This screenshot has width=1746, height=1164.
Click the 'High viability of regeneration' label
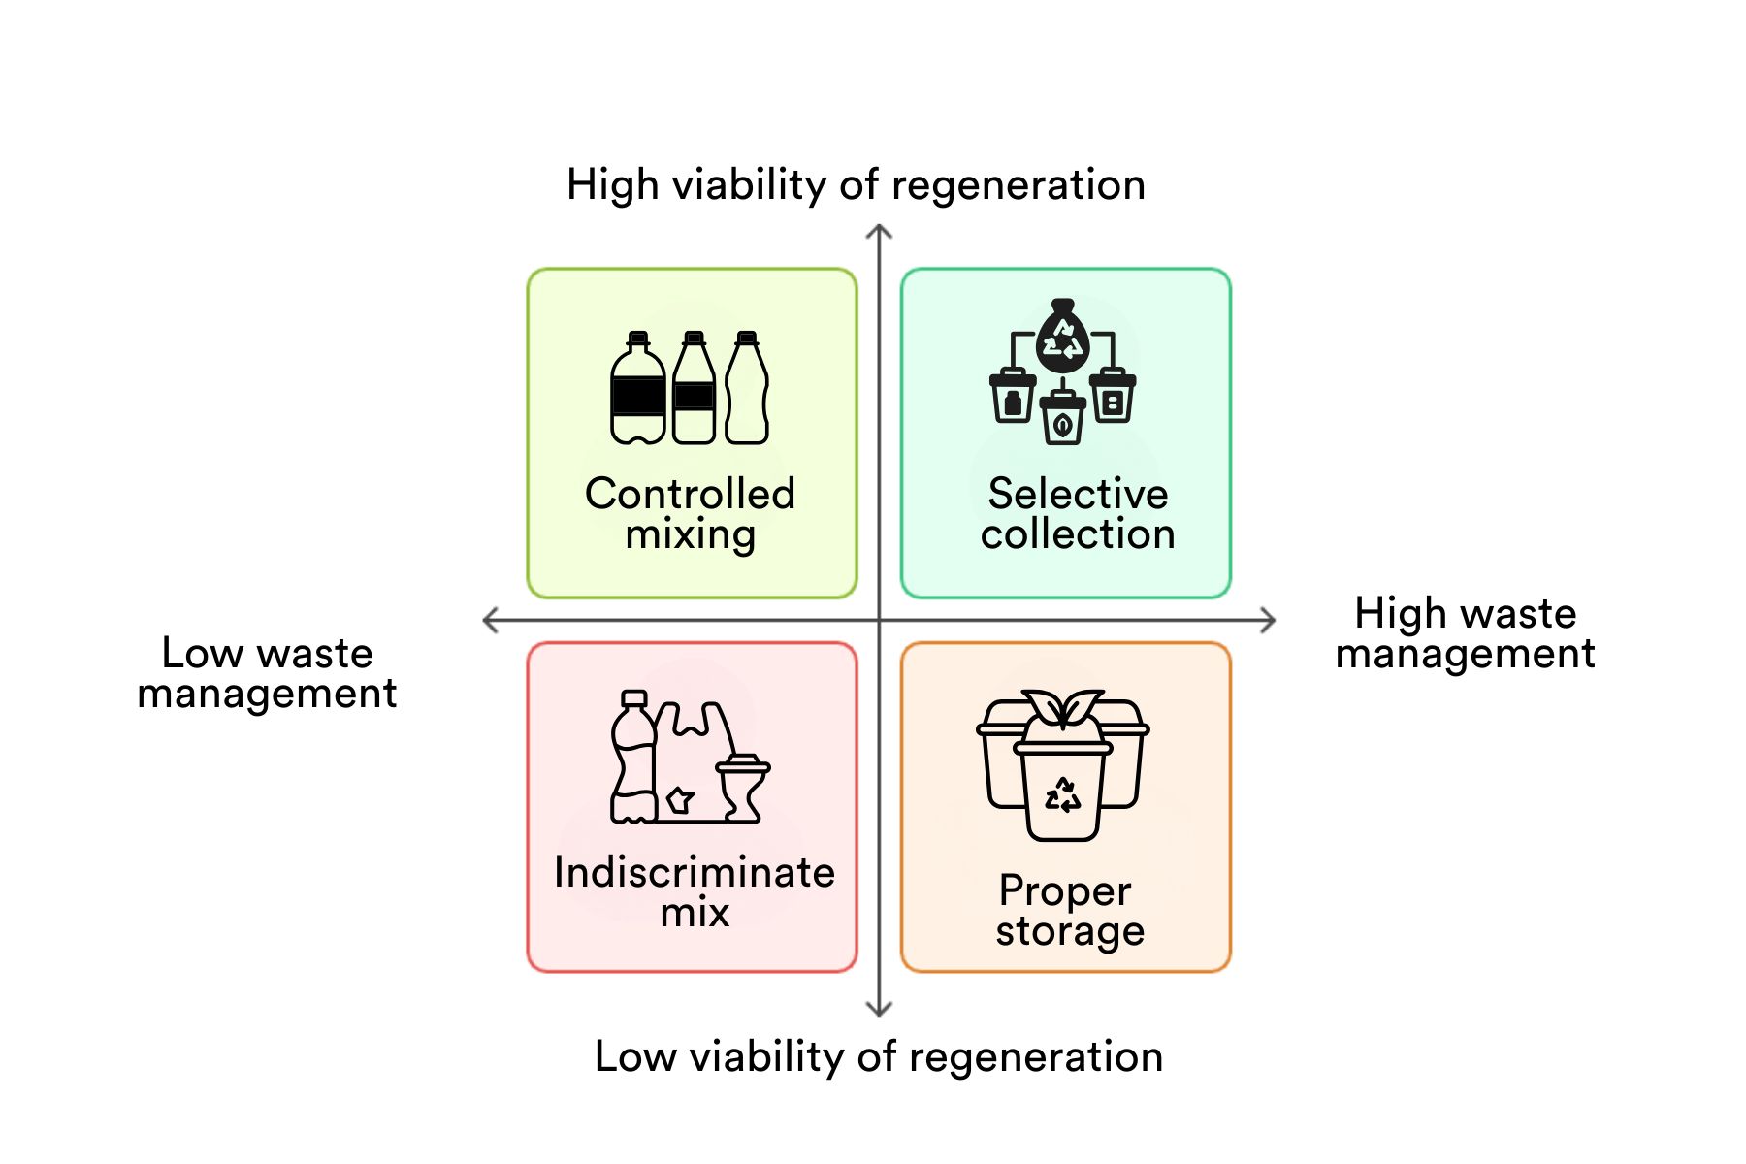(x=856, y=184)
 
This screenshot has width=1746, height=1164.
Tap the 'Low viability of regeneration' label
(x=878, y=1056)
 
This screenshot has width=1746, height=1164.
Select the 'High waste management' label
(x=1465, y=633)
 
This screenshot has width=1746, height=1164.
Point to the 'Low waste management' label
(x=267, y=673)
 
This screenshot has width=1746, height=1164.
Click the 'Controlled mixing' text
(x=691, y=514)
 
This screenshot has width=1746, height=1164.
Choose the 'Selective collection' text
(x=1077, y=514)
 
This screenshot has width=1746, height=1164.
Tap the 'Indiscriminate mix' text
(x=695, y=892)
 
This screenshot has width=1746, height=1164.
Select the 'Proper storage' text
(x=1069, y=910)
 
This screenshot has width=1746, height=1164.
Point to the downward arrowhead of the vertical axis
(x=879, y=1010)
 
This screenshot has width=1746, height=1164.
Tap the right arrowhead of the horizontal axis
(x=1270, y=620)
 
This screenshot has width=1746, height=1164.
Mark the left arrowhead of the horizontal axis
(x=489, y=620)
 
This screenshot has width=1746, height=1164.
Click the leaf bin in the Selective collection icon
(x=1063, y=419)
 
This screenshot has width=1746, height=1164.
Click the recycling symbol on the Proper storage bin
(x=1063, y=795)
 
